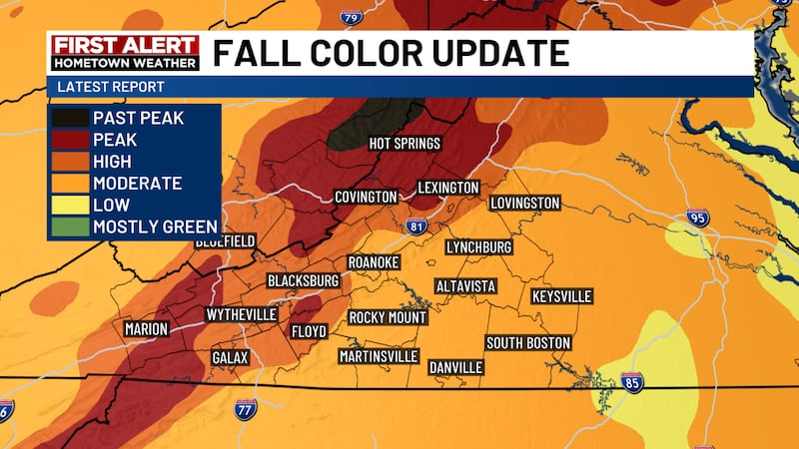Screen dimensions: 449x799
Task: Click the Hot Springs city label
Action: (x=404, y=144)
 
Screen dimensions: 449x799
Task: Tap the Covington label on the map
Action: (x=366, y=198)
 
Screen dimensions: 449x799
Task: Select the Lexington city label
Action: (x=448, y=188)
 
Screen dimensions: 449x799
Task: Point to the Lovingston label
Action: (x=524, y=204)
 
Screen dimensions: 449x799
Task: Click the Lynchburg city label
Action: (x=478, y=246)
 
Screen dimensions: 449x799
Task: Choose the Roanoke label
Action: (x=373, y=262)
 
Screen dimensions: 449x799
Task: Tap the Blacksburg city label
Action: (x=303, y=281)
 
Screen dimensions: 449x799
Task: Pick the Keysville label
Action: (x=561, y=296)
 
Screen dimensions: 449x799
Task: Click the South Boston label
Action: (x=527, y=343)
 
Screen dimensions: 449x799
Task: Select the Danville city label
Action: (x=455, y=367)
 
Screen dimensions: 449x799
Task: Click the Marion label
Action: (x=146, y=329)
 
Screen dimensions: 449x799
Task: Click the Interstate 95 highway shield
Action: (x=697, y=220)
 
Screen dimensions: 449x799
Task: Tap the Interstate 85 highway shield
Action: (x=630, y=381)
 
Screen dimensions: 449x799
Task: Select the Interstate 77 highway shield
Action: (x=246, y=407)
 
